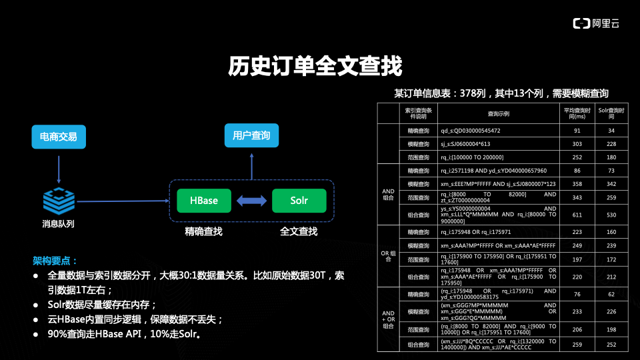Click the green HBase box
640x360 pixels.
(203, 200)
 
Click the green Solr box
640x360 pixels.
(299, 200)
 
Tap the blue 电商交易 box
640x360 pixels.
(59, 137)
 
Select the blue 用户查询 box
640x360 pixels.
(251, 136)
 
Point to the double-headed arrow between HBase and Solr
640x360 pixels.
(251, 200)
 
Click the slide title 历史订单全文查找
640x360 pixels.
(315, 67)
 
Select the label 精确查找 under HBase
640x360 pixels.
(203, 231)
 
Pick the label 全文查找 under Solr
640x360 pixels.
(299, 231)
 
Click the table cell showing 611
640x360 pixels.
(577, 215)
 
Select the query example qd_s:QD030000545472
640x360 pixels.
(471, 131)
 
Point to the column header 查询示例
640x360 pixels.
(497, 113)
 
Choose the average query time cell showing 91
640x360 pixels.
(577, 131)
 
